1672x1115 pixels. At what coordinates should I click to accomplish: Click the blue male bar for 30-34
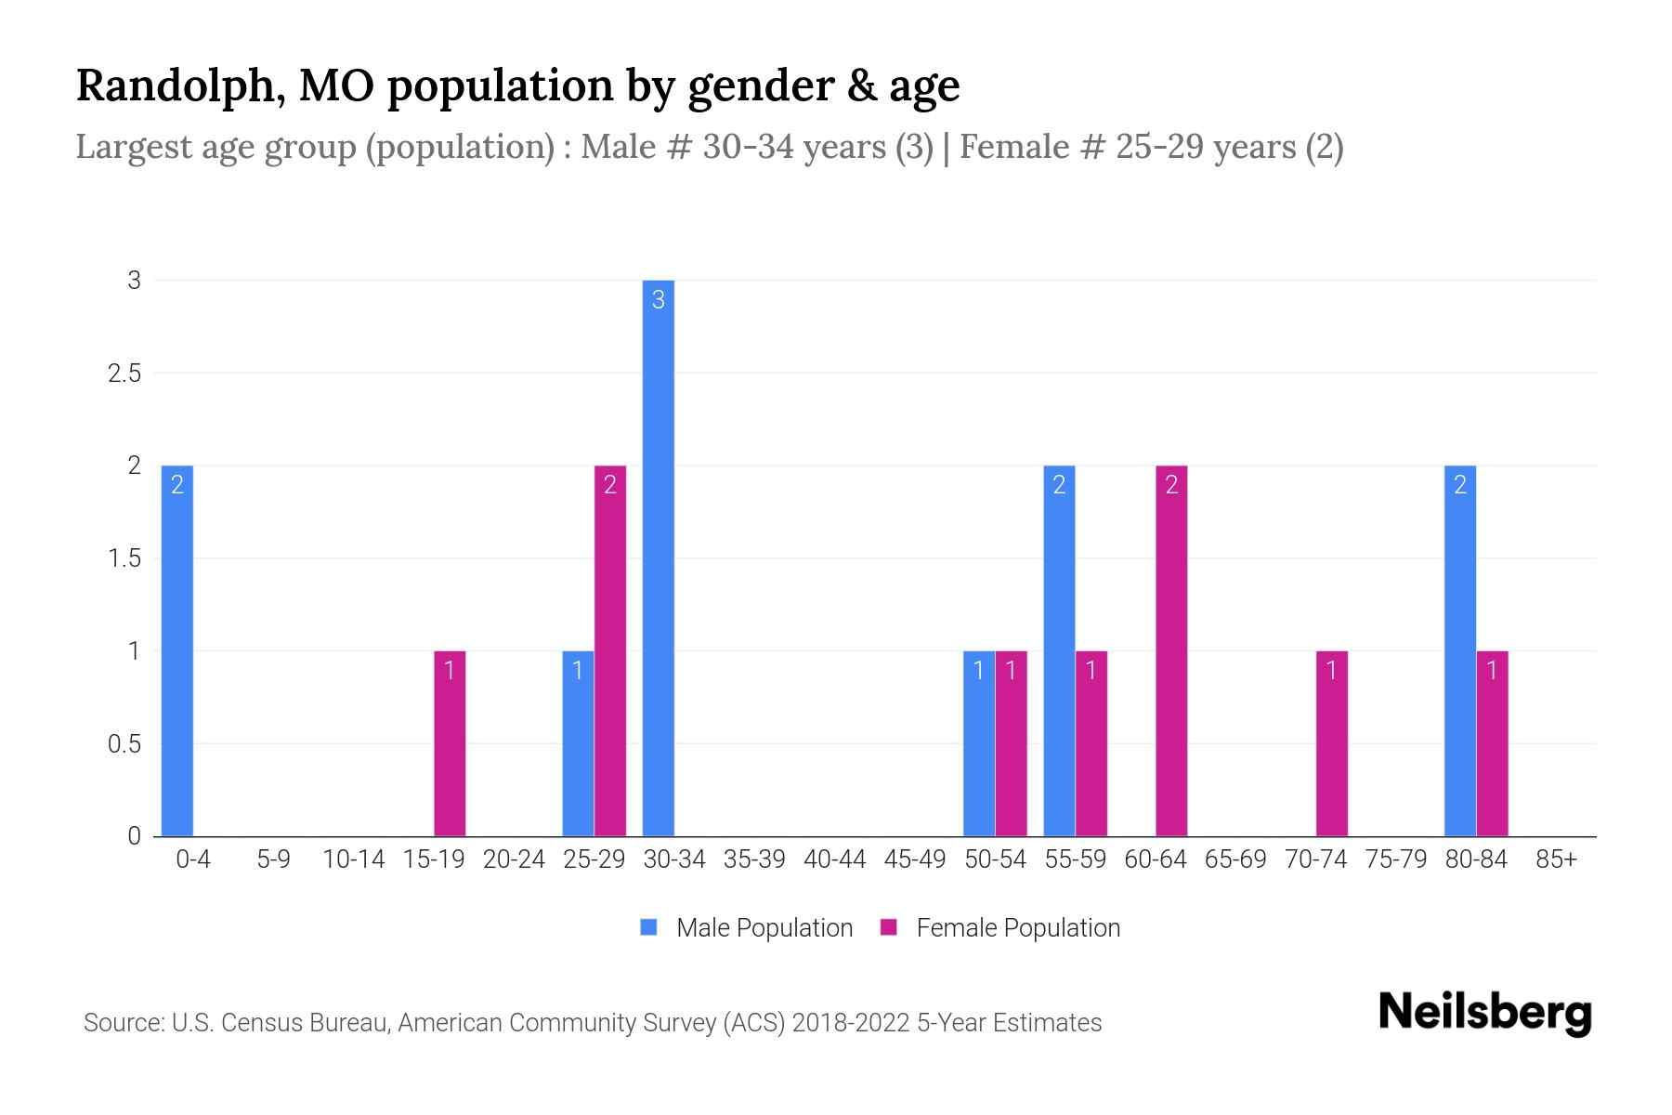658,557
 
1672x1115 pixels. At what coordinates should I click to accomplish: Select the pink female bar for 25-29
610,650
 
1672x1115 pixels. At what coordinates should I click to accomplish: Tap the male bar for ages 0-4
177,650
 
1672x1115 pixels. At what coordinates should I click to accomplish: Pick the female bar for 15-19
450,743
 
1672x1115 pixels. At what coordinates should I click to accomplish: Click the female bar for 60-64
1171,650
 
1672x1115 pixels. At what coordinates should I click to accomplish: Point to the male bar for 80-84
1459,650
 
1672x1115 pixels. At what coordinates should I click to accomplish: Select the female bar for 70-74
1331,743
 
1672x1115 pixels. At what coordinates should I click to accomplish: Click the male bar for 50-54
978,743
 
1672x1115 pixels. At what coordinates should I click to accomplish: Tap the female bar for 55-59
1091,743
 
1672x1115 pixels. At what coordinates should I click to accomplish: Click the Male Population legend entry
764,928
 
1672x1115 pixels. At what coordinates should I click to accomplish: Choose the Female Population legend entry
1017,928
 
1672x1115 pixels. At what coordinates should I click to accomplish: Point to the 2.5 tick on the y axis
124,374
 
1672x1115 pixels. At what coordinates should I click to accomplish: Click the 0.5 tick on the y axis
124,744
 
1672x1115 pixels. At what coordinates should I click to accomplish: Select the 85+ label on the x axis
1556,859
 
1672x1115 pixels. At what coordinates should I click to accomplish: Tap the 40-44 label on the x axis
834,859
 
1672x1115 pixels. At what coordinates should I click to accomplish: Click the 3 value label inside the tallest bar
658,300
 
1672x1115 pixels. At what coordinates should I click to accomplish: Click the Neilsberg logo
1484,1013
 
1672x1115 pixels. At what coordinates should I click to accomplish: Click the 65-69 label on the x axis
1234,859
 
